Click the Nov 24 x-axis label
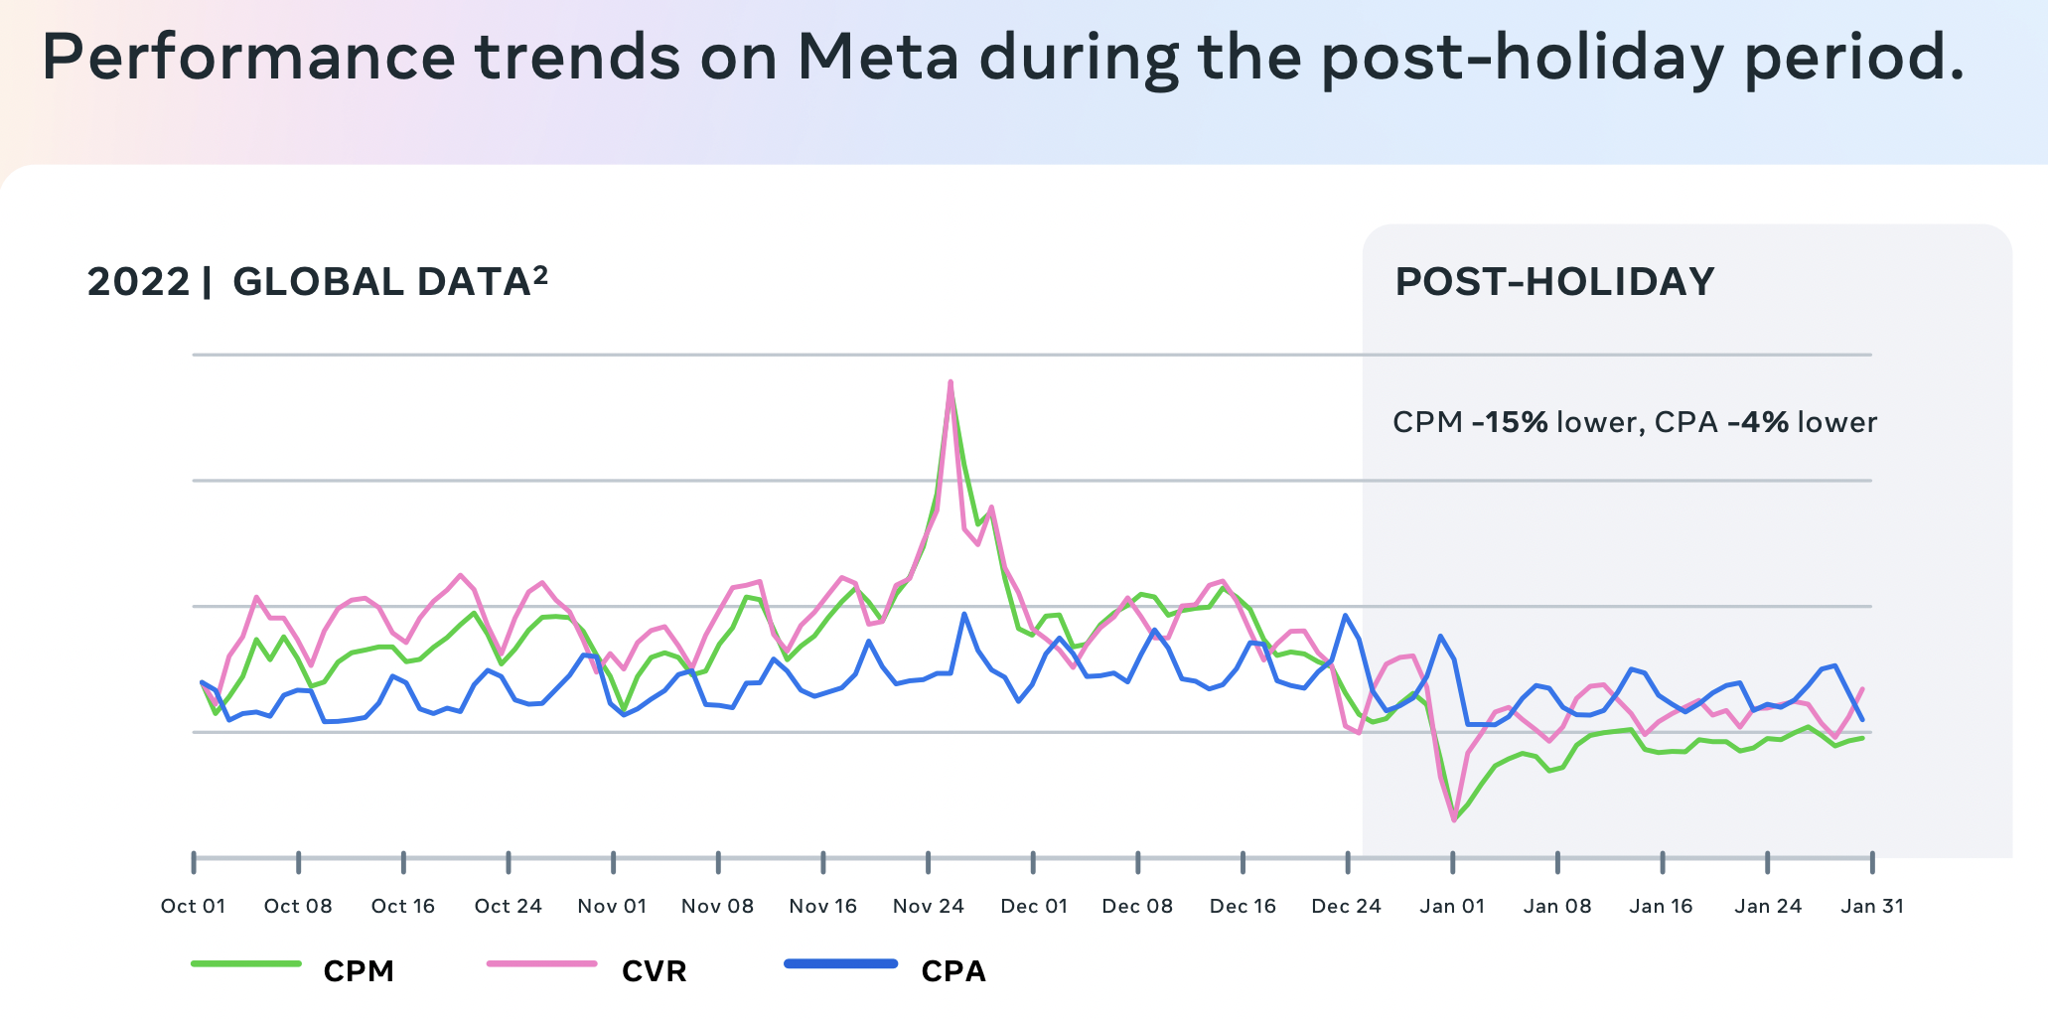[928, 906]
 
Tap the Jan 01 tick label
[1452, 906]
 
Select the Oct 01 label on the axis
[193, 906]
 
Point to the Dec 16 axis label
[1243, 906]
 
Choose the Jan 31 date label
[1872, 906]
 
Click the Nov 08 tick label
[717, 906]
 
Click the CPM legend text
[359, 971]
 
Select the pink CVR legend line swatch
[541, 963]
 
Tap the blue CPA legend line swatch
[840, 963]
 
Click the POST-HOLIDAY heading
[1554, 282]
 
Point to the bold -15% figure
[1510, 423]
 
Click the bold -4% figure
[1757, 423]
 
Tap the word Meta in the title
[878, 57]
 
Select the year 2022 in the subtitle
[138, 282]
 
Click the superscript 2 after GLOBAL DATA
[540, 273]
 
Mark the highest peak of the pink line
[951, 382]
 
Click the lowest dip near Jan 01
[1454, 819]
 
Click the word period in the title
[1853, 57]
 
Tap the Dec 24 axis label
[1346, 906]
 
